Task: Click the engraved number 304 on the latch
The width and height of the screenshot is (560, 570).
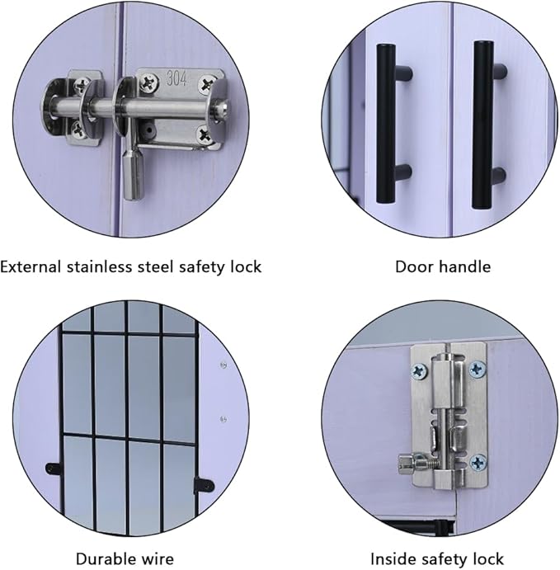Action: pos(176,78)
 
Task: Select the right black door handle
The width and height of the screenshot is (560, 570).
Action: pos(487,125)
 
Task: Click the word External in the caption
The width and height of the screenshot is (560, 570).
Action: pos(30,266)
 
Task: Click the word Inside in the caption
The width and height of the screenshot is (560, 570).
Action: pos(391,558)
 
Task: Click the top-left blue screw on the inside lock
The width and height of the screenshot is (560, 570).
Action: pos(419,371)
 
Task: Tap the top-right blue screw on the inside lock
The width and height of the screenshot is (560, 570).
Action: pos(478,370)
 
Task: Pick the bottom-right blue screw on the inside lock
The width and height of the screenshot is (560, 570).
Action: pos(478,463)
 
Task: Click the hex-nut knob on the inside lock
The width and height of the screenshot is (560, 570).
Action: pos(407,464)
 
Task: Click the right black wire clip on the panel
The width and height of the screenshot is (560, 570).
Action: pos(204,484)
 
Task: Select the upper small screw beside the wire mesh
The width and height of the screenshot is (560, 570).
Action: pos(224,365)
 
